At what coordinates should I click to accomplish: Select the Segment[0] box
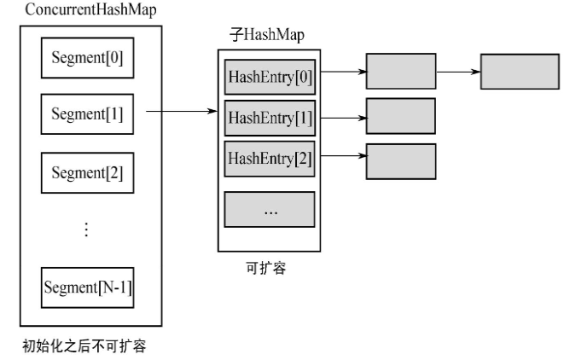pyautogui.click(x=87, y=60)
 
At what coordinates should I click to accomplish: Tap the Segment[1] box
pyautogui.click(x=87, y=113)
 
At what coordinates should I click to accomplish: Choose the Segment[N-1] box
pyautogui.click(x=87, y=286)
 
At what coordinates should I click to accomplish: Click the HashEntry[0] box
pyautogui.click(x=270, y=75)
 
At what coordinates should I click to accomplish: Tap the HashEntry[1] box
pyautogui.click(x=270, y=117)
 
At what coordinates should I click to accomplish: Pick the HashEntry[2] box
pyautogui.click(x=270, y=160)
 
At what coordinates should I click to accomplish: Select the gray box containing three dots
pyautogui.click(x=270, y=210)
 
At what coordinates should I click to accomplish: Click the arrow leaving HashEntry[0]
pyautogui.click(x=340, y=72)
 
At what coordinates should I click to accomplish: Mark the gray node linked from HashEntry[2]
pyautogui.click(x=400, y=161)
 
